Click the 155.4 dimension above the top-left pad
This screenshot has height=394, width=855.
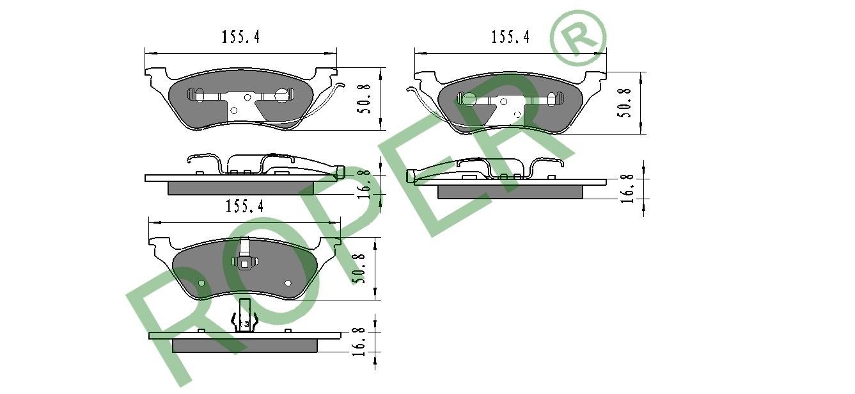[241, 37]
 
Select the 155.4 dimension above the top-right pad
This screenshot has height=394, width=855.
[510, 37]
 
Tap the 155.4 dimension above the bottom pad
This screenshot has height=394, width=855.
[245, 206]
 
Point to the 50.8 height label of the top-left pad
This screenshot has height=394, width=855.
[363, 99]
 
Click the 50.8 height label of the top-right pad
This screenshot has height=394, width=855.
[624, 103]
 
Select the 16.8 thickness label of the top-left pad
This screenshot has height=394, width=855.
[363, 185]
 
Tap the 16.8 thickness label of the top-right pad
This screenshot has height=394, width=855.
[627, 188]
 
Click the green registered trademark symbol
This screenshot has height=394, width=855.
[577, 38]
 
